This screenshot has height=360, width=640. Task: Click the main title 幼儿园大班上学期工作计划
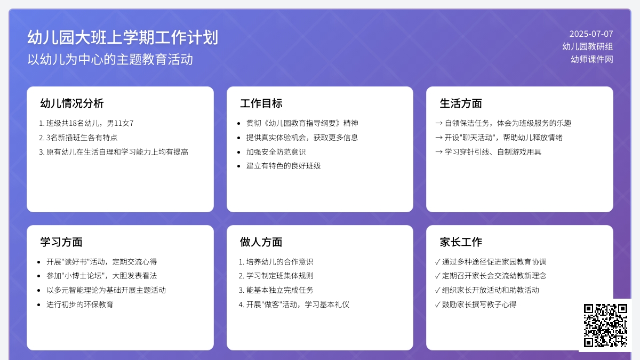click(123, 37)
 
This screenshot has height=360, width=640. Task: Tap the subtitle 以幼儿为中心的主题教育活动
click(110, 59)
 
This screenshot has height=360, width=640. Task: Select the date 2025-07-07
click(591, 34)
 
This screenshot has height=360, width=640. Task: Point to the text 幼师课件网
click(592, 59)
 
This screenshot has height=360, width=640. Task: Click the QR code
click(605, 325)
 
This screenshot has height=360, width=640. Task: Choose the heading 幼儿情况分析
click(71, 103)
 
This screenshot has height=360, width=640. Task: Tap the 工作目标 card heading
click(261, 103)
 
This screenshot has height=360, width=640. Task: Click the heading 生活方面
click(461, 103)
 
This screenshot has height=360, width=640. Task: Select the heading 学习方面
click(61, 242)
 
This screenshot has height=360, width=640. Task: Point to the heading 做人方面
click(261, 242)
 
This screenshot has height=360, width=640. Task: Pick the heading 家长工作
click(461, 242)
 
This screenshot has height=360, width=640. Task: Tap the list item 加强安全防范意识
click(276, 152)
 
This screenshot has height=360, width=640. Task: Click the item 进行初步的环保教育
click(80, 305)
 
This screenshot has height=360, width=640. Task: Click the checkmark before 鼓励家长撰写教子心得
click(437, 305)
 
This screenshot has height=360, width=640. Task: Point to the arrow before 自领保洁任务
click(439, 123)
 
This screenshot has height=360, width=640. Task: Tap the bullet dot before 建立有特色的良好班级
click(239, 166)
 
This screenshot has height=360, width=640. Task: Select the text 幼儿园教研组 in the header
click(588, 46)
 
